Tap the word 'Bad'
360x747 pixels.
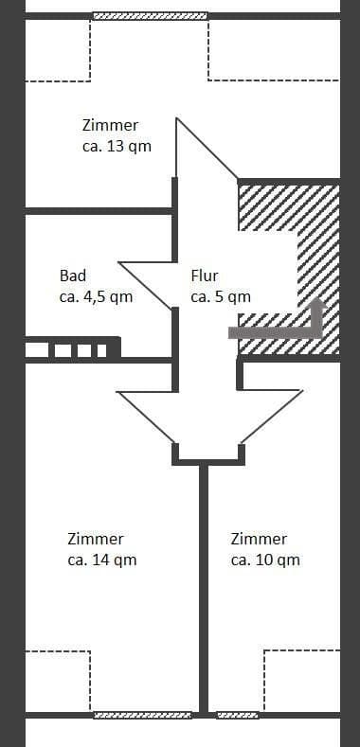(73, 276)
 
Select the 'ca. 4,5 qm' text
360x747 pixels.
(96, 296)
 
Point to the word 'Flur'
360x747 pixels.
(205, 276)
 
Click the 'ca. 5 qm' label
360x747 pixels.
(221, 296)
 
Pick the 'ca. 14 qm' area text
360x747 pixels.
(102, 560)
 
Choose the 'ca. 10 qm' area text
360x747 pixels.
(265, 560)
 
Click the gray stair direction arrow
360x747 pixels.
(284, 328)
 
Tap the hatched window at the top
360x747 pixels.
(150, 16)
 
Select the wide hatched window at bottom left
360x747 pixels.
(142, 715)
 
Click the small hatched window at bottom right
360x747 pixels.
(237, 715)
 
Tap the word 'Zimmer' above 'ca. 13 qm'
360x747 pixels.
(110, 125)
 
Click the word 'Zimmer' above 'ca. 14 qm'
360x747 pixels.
(96, 539)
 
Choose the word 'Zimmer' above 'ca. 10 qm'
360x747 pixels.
(259, 539)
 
